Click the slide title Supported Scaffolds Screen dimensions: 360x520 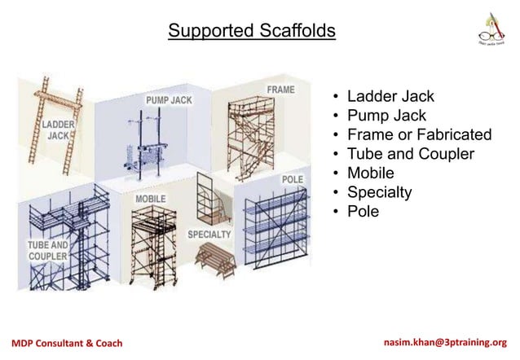(x=251, y=31)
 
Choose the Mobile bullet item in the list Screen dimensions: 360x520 (x=370, y=173)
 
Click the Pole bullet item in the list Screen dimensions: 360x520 (x=363, y=211)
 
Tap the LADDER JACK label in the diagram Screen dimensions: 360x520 (x=58, y=130)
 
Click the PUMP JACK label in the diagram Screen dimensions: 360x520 (x=169, y=99)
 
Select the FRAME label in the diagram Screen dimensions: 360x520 (x=280, y=89)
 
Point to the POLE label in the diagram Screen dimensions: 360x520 (x=293, y=178)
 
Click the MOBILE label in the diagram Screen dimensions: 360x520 (x=150, y=199)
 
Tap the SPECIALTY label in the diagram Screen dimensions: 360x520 (x=209, y=235)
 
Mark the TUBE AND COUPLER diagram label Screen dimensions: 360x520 (x=47, y=250)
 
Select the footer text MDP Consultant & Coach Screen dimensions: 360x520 (x=68, y=343)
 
